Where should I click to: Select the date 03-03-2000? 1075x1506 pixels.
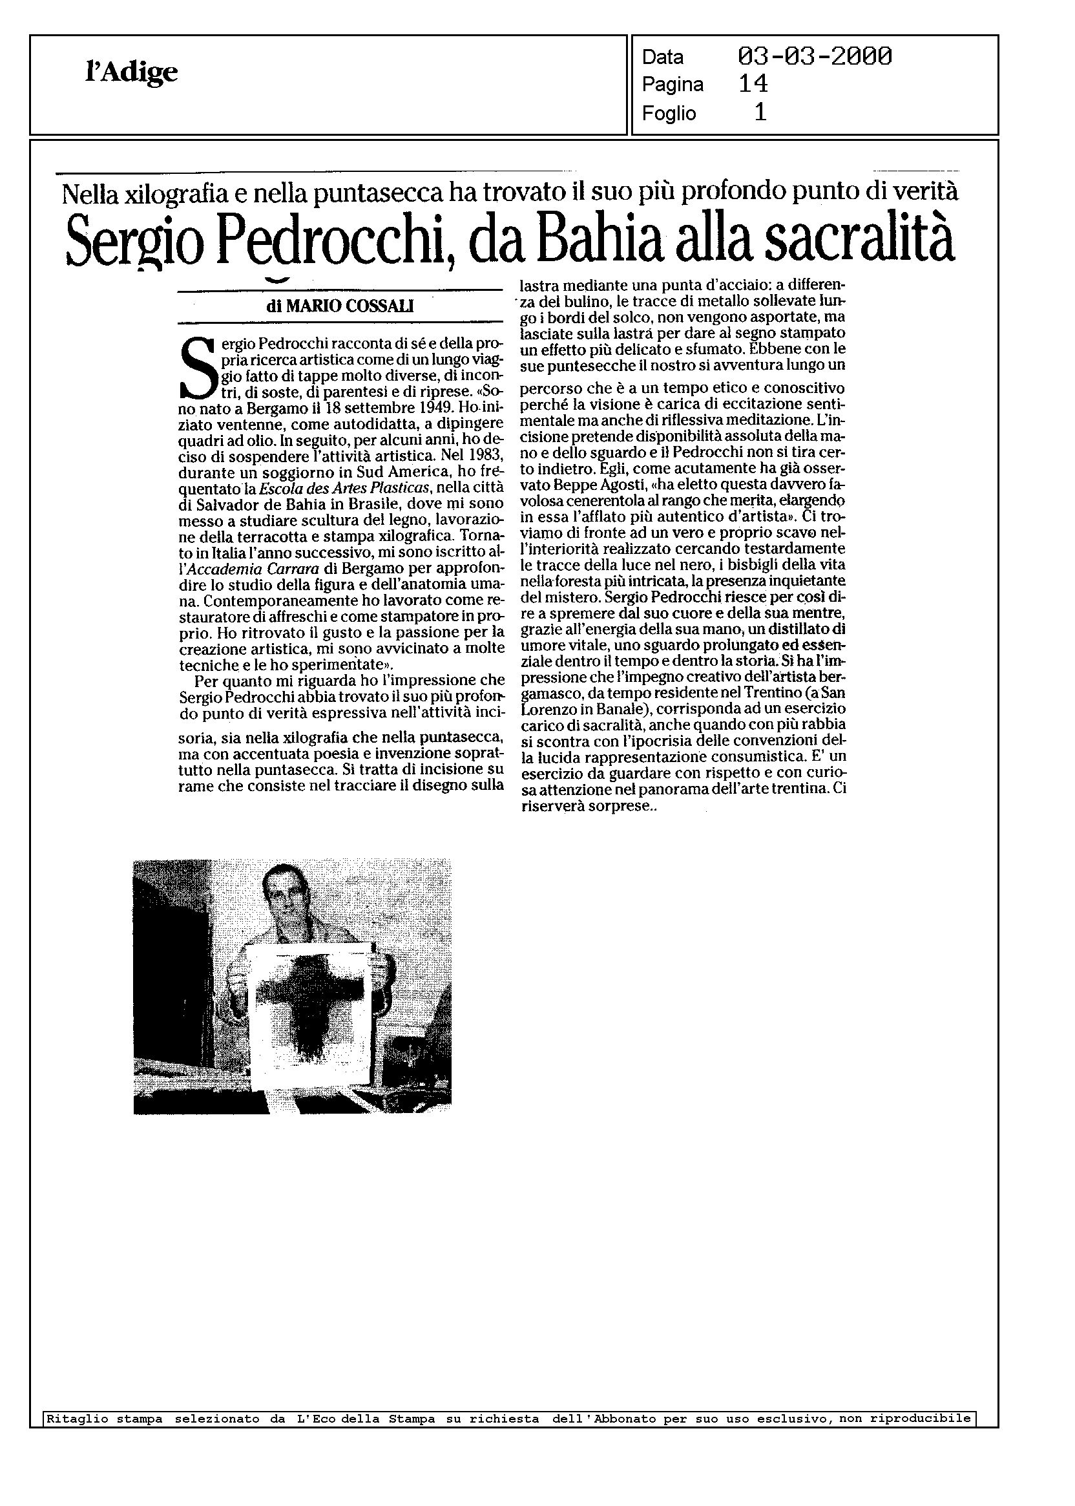[814, 57]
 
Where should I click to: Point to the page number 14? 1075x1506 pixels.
[753, 84]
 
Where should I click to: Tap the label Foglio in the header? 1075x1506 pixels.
[669, 113]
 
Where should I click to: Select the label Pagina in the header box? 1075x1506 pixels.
[672, 85]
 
